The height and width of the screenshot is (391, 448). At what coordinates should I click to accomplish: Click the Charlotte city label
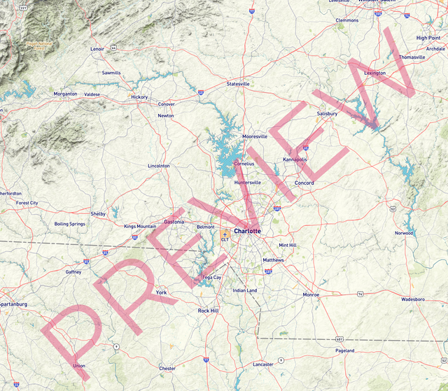coord(247,231)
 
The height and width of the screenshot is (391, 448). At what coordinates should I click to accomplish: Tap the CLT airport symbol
coord(225,234)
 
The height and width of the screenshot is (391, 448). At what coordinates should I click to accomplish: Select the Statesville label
coord(238,84)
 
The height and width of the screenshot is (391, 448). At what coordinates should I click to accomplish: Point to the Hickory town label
coord(139,97)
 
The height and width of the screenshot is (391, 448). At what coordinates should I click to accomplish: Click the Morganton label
coord(65,94)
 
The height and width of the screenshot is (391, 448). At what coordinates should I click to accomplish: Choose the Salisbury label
coord(327,113)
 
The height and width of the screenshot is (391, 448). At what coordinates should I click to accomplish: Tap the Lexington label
coord(374,73)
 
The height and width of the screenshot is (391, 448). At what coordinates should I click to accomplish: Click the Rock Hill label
coord(208,311)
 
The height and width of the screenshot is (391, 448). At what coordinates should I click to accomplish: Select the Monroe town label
coord(310,295)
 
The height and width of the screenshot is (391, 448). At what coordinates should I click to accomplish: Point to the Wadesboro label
coord(413,299)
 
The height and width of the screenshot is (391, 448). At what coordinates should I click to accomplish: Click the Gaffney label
coord(73,272)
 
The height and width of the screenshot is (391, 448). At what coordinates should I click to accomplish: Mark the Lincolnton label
coord(159,166)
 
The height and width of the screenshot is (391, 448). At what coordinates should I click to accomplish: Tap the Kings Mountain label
coord(140,227)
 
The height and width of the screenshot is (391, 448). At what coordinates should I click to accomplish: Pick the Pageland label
coord(345,350)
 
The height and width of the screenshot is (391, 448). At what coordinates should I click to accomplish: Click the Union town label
coord(78,366)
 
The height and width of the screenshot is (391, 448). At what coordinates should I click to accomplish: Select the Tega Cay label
coord(211,278)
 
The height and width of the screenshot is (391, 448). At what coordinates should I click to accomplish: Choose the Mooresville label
coord(255,136)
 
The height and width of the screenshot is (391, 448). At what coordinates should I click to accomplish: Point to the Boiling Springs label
coord(69,224)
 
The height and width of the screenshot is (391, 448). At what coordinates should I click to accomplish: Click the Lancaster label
coord(263,364)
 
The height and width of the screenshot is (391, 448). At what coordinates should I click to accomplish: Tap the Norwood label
coord(404,233)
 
